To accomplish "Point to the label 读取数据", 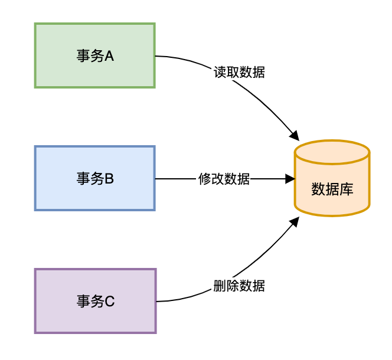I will [x=239, y=73].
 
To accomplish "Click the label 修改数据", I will [x=224, y=179].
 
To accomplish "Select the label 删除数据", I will [x=239, y=286].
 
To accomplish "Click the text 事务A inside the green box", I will [x=94, y=56].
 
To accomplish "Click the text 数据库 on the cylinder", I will [x=332, y=189].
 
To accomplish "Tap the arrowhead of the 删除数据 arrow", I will [x=294, y=221].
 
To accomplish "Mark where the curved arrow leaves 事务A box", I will [x=155, y=56].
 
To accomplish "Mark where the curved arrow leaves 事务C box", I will [x=156, y=301].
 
